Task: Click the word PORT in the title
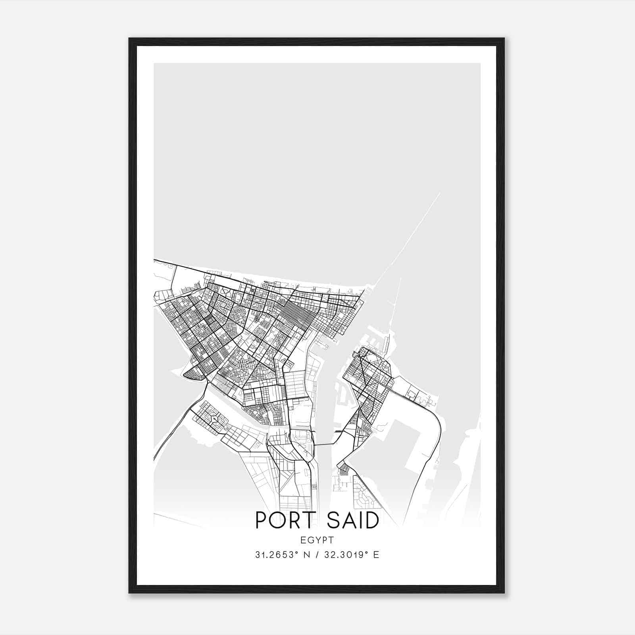click(x=283, y=520)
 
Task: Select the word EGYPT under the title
click(x=317, y=540)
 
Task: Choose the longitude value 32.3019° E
click(x=352, y=555)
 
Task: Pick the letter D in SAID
click(x=371, y=520)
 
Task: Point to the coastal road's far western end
click(x=155, y=260)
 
